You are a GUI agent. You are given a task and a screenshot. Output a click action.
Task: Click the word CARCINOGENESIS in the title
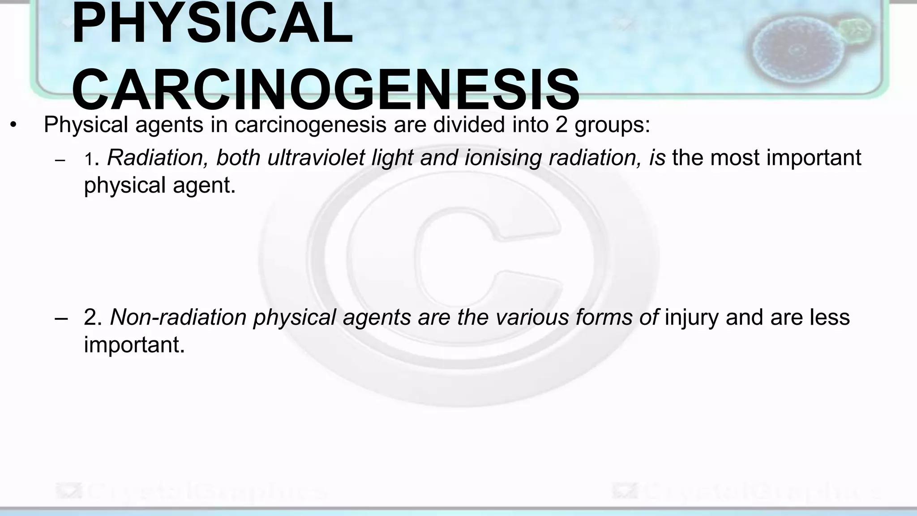(x=326, y=90)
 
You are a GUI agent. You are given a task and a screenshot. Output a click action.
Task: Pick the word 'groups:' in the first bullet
(x=612, y=125)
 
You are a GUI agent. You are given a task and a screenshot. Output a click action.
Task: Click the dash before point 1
(x=60, y=160)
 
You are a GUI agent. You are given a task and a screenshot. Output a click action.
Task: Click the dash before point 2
(x=61, y=318)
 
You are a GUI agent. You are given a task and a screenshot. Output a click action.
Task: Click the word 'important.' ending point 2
(x=134, y=344)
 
